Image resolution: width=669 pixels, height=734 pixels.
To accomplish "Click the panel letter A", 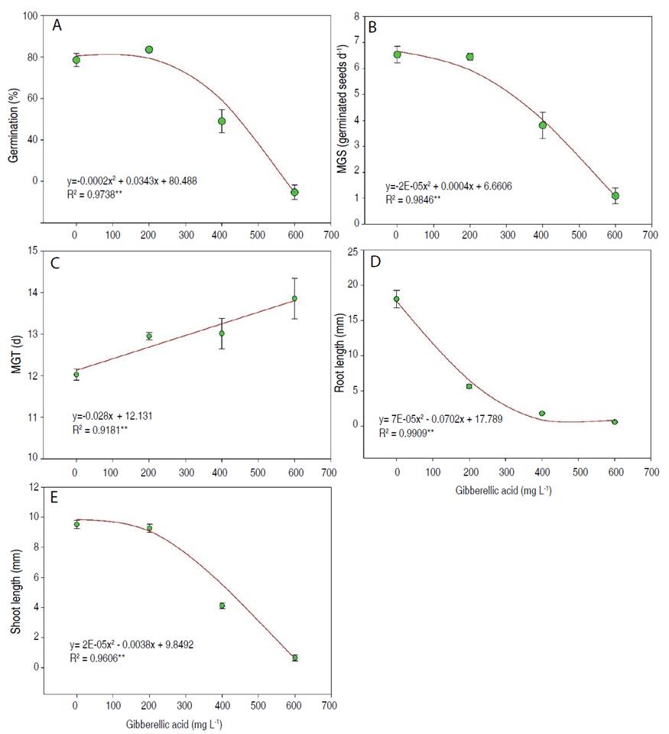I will point(57,26).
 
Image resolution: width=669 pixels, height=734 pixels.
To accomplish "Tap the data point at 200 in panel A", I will point(149,50).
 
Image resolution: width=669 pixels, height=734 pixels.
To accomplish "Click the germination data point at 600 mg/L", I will point(294,192).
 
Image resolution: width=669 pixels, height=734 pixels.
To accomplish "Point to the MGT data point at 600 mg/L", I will point(294,298).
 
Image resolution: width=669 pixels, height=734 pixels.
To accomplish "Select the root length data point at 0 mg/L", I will point(396,299).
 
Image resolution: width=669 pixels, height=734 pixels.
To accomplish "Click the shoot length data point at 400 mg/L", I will point(222,606).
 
